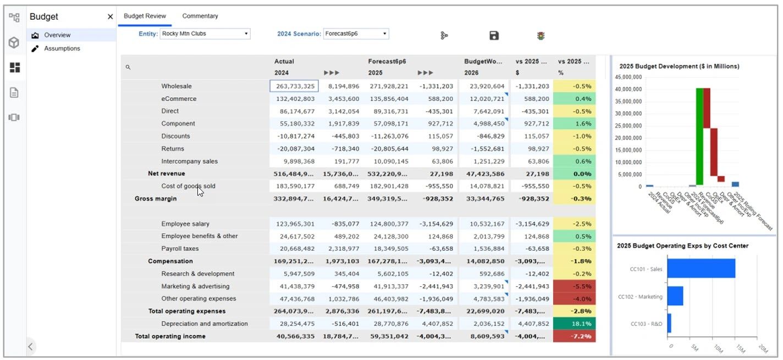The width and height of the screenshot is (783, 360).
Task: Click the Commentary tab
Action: (200, 16)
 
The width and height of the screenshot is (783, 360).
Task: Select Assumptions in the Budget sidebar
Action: (62, 48)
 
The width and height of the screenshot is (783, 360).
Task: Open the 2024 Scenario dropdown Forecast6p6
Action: (356, 34)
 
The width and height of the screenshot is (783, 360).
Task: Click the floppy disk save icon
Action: (494, 36)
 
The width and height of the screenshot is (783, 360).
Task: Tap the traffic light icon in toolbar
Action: (541, 36)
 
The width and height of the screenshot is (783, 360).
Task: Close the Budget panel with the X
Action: (110, 17)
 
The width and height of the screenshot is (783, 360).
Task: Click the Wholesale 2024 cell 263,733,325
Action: (294, 86)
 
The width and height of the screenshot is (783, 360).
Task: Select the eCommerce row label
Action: (179, 99)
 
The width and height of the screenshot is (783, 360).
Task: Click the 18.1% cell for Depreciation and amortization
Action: (574, 324)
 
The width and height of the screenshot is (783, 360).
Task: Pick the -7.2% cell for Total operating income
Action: (574, 336)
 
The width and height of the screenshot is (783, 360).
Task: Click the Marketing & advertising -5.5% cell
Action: (574, 286)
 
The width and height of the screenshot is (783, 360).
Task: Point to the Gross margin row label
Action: (156, 199)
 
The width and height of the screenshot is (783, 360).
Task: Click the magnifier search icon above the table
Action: (128, 67)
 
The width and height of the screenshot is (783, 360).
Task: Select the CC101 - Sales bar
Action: (701, 268)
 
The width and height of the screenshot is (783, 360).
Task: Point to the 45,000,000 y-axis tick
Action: (627, 76)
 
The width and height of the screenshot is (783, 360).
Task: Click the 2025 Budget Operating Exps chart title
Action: (682, 246)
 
